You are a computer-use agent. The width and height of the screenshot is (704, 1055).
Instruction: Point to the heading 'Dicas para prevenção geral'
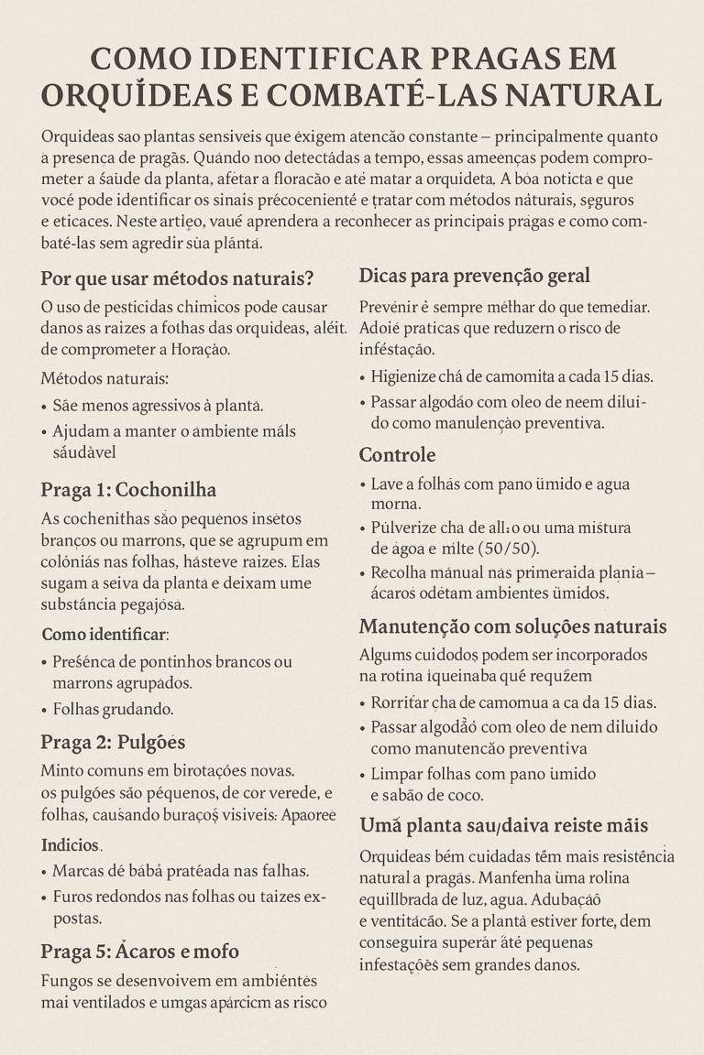pos(474,276)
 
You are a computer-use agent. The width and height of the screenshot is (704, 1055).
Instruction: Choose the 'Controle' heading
pos(397,454)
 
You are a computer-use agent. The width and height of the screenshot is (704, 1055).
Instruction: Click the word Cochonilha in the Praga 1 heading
pos(166,488)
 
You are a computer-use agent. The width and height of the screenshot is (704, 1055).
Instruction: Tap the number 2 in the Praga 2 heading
pos(106,742)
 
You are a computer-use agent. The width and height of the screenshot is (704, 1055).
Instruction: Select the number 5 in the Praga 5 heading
pos(107,951)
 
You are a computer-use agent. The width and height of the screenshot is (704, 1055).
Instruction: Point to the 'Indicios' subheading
pos(71,843)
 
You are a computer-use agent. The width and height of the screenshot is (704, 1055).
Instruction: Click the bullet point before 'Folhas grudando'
pos(45,710)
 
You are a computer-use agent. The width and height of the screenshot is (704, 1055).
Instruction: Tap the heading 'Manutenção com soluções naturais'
pos(512,627)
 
